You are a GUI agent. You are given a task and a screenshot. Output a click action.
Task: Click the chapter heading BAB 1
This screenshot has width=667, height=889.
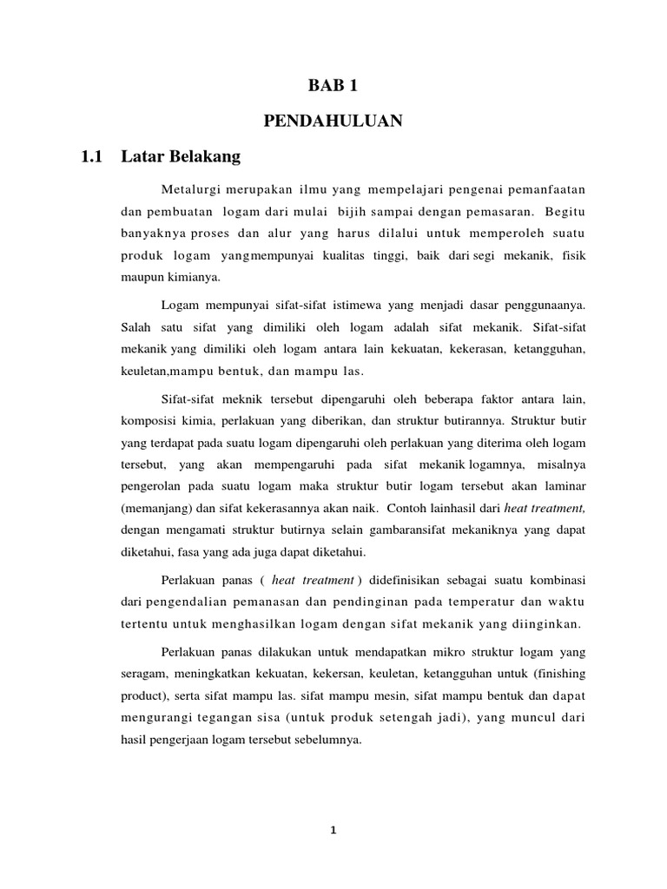333,86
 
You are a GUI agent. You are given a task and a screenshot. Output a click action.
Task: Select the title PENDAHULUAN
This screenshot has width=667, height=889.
333,122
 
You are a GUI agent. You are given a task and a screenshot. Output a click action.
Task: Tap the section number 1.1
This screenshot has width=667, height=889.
91,157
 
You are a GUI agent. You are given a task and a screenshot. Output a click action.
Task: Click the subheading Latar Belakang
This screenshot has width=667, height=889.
181,157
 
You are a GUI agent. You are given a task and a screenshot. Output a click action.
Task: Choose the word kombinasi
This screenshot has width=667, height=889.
557,579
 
